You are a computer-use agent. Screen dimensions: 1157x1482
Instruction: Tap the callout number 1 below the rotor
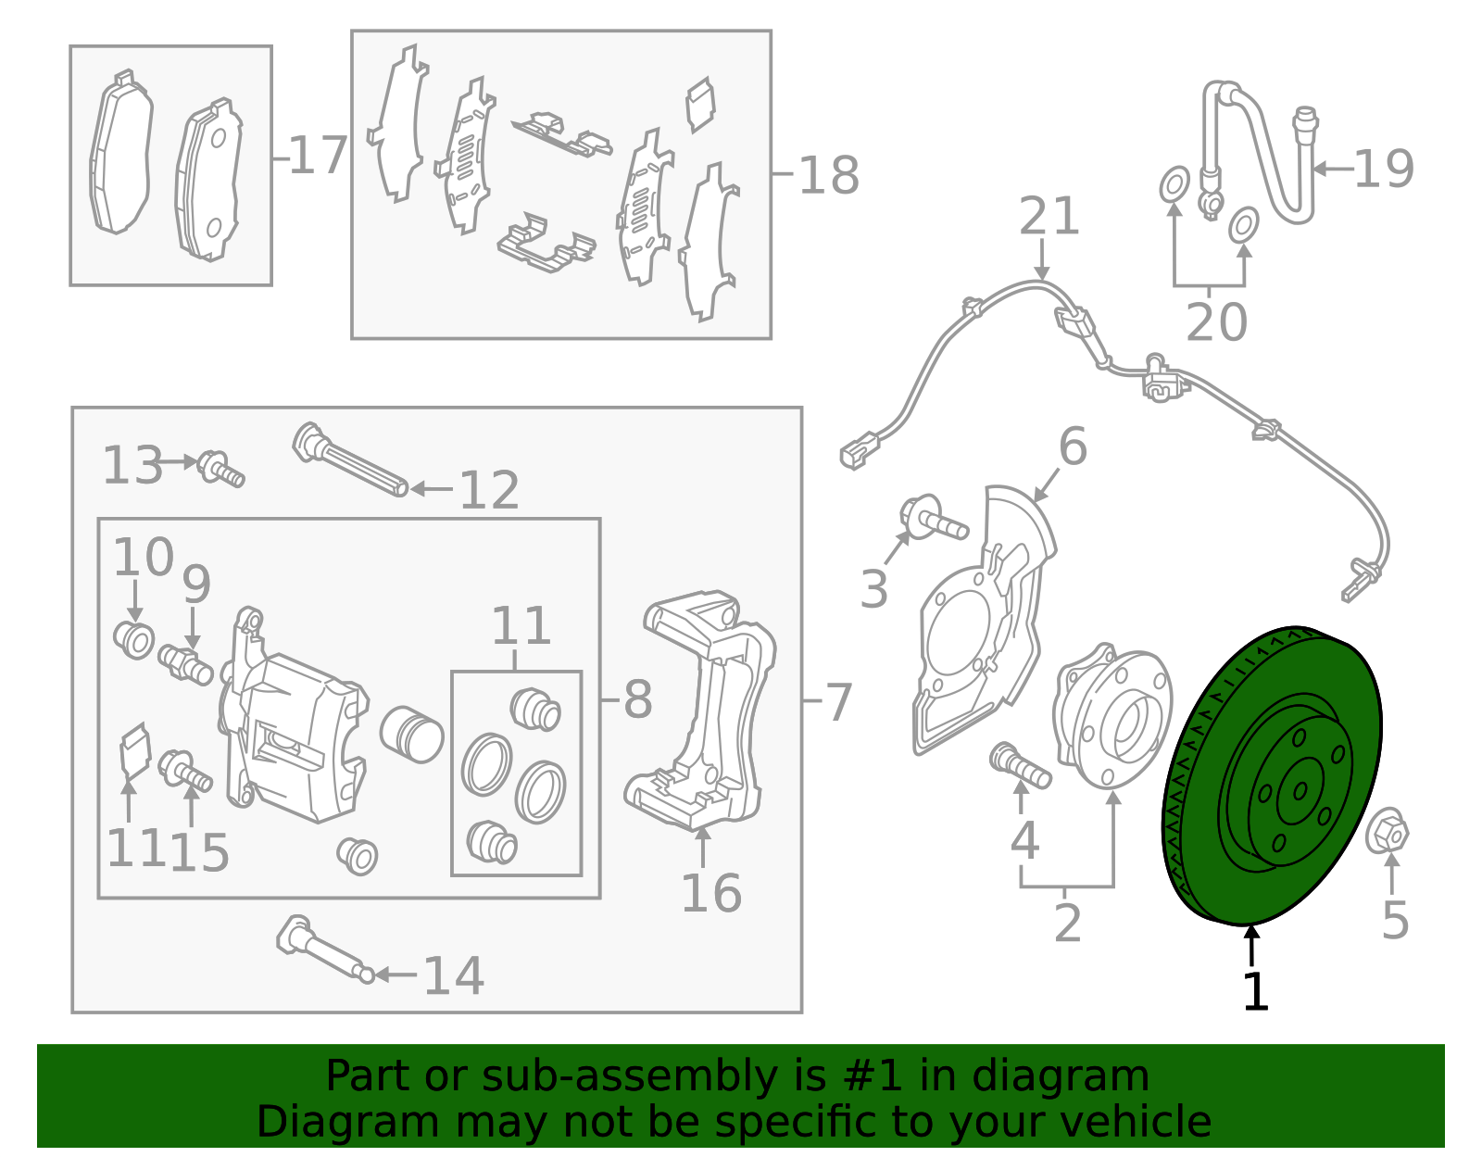pyautogui.click(x=1254, y=991)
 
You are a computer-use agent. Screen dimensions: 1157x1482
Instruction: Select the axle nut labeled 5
pyautogui.click(x=1387, y=832)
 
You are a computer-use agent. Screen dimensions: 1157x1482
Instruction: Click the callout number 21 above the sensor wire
pyautogui.click(x=1049, y=217)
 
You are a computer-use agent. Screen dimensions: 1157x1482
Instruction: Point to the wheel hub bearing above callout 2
pyautogui.click(x=1111, y=717)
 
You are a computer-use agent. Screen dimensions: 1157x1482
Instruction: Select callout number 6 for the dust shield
pyautogui.click(x=1072, y=447)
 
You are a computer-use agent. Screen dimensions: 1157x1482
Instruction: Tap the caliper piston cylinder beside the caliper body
pyautogui.click(x=411, y=735)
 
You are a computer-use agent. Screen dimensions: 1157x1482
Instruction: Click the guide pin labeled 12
pyautogui.click(x=350, y=460)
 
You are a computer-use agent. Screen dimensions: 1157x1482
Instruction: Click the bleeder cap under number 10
pyautogui.click(x=135, y=640)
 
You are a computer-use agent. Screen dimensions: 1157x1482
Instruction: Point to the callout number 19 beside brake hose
pyautogui.click(x=1383, y=170)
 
